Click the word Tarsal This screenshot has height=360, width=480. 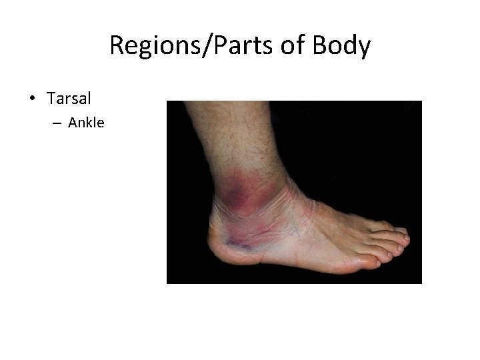point(69,99)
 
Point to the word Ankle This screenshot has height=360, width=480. point(86,123)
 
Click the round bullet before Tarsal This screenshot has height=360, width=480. point(32,99)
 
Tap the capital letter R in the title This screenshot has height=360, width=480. point(116,46)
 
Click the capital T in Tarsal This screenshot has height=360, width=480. point(51,99)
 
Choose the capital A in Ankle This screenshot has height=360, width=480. point(73,123)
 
